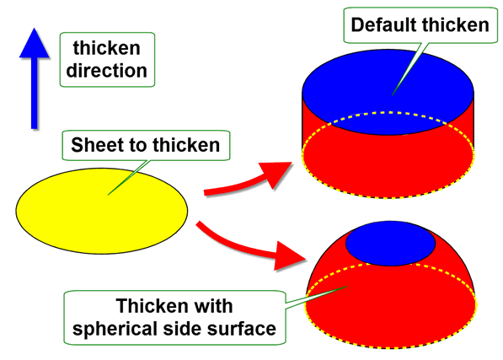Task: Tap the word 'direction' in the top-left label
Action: coord(106,71)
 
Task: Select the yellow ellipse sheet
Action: coord(102,211)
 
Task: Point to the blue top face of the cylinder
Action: coord(388,91)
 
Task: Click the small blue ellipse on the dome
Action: coord(390,243)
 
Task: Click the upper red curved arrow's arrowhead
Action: coord(276,174)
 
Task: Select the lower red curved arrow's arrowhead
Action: coord(288,256)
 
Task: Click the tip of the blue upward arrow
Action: coord(35,28)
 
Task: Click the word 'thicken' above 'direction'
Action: coord(106,48)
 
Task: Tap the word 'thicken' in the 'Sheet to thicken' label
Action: coord(186,145)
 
